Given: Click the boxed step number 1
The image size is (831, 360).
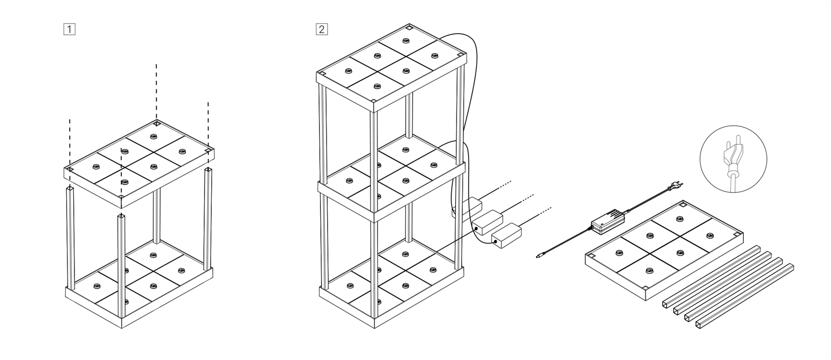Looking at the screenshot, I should click(x=69, y=28).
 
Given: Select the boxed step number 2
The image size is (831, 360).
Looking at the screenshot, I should click(x=321, y=28).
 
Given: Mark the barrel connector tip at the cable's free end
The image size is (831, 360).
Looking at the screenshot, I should click(x=539, y=254).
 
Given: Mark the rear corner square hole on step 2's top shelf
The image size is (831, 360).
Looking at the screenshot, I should click(x=408, y=28).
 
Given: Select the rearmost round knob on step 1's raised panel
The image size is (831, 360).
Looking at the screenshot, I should click(x=153, y=136).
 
